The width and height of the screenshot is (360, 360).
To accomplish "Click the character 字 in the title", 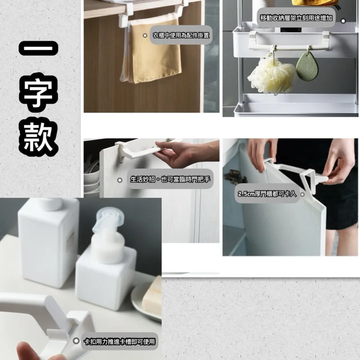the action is (38, 92).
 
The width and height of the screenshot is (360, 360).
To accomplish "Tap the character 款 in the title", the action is (38, 137).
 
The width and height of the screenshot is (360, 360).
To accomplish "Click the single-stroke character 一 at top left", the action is (38, 48).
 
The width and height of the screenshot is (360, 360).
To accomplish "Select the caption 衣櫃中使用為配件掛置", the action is (181, 35).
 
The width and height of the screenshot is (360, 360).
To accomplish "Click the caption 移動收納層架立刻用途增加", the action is (296, 18).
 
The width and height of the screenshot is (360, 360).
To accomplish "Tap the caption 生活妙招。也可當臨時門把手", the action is (170, 179).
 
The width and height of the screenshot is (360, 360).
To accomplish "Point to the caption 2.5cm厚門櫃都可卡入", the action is (267, 194).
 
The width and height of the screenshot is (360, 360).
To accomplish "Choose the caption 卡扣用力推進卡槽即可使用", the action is (119, 342).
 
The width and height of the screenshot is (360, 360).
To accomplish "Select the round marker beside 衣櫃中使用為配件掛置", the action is (145, 35).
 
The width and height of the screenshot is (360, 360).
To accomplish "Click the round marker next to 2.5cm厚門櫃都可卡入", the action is (302, 194).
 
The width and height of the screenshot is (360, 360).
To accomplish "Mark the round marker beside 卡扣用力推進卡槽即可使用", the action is (76, 341).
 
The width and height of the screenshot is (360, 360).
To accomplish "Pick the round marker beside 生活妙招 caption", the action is (120, 180).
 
